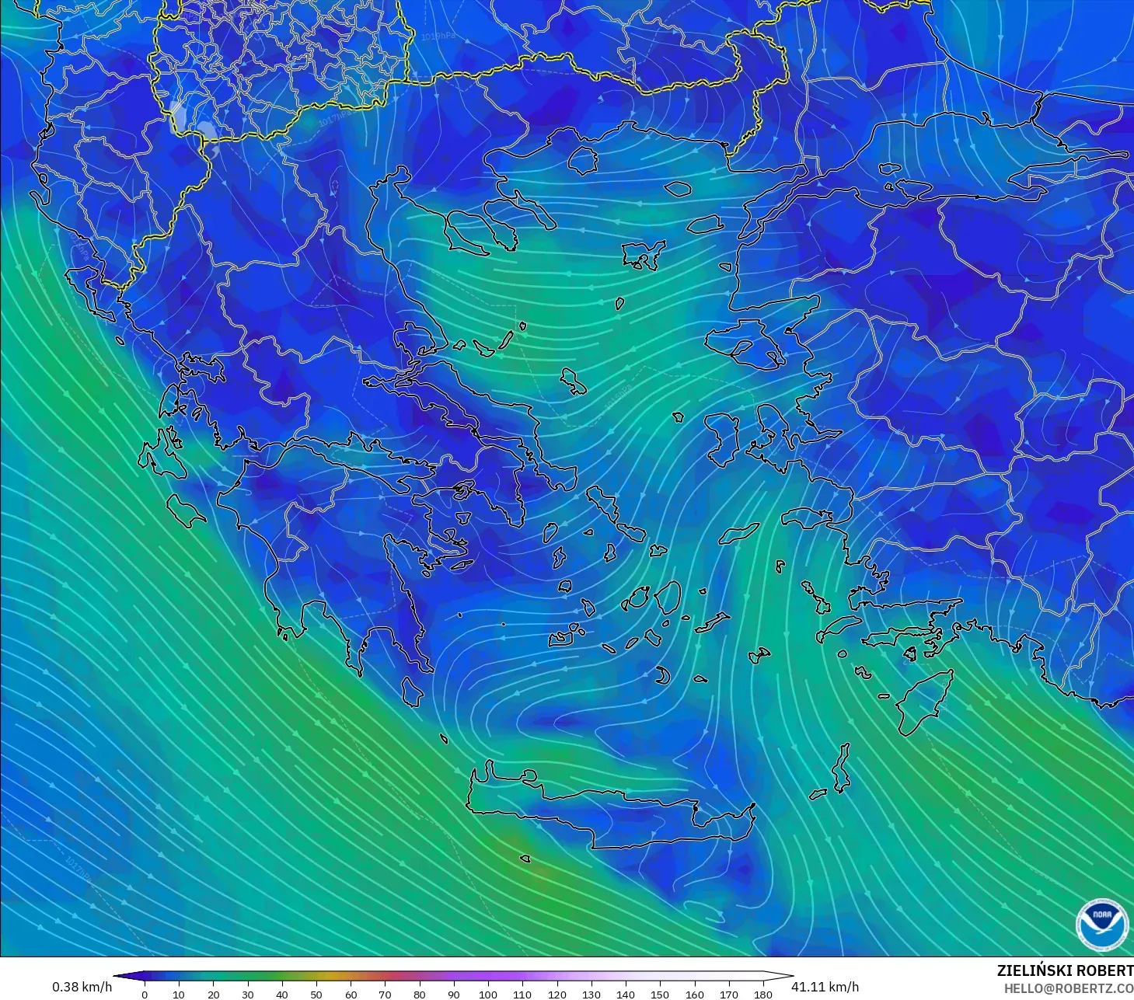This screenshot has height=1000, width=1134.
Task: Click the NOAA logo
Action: [x=1101, y=924]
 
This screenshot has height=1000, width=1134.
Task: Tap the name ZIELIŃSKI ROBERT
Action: [x=1064, y=971]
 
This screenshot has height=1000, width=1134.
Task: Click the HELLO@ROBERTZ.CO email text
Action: [x=1068, y=988]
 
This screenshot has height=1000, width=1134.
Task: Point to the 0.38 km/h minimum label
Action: [x=82, y=987]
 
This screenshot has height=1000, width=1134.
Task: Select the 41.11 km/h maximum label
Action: [x=825, y=987]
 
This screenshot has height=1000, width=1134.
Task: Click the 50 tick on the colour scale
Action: [x=316, y=994]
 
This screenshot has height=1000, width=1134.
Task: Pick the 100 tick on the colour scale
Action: [x=488, y=994]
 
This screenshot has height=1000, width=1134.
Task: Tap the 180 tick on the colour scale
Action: [x=763, y=994]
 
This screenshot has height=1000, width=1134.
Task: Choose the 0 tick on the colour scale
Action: [x=145, y=994]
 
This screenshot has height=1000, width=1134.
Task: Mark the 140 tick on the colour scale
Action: [x=626, y=994]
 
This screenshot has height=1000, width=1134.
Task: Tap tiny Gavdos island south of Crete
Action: [x=525, y=859]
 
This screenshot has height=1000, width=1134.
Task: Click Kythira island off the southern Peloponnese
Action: [x=412, y=691]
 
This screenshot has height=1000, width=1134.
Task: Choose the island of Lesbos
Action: [x=746, y=342]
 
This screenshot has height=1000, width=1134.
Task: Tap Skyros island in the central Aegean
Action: [x=574, y=382]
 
